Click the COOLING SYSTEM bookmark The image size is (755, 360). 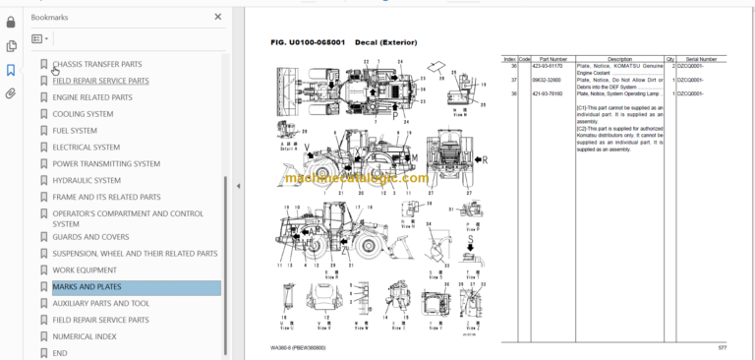click(83, 114)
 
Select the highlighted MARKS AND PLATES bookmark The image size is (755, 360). click(87, 287)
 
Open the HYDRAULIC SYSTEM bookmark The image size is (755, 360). click(87, 180)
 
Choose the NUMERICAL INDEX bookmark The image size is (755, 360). click(85, 336)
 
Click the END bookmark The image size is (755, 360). click(60, 352)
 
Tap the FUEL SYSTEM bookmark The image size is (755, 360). click(75, 131)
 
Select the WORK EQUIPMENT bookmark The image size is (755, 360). click(85, 270)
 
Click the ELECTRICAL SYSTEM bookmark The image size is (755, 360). click(87, 148)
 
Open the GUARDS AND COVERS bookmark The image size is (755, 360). click(90, 237)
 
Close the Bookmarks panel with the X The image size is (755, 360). click(218, 18)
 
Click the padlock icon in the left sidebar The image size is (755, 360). click(11, 22)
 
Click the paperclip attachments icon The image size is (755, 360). click(11, 94)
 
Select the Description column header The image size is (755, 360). click(619, 59)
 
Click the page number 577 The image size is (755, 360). click(723, 347)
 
